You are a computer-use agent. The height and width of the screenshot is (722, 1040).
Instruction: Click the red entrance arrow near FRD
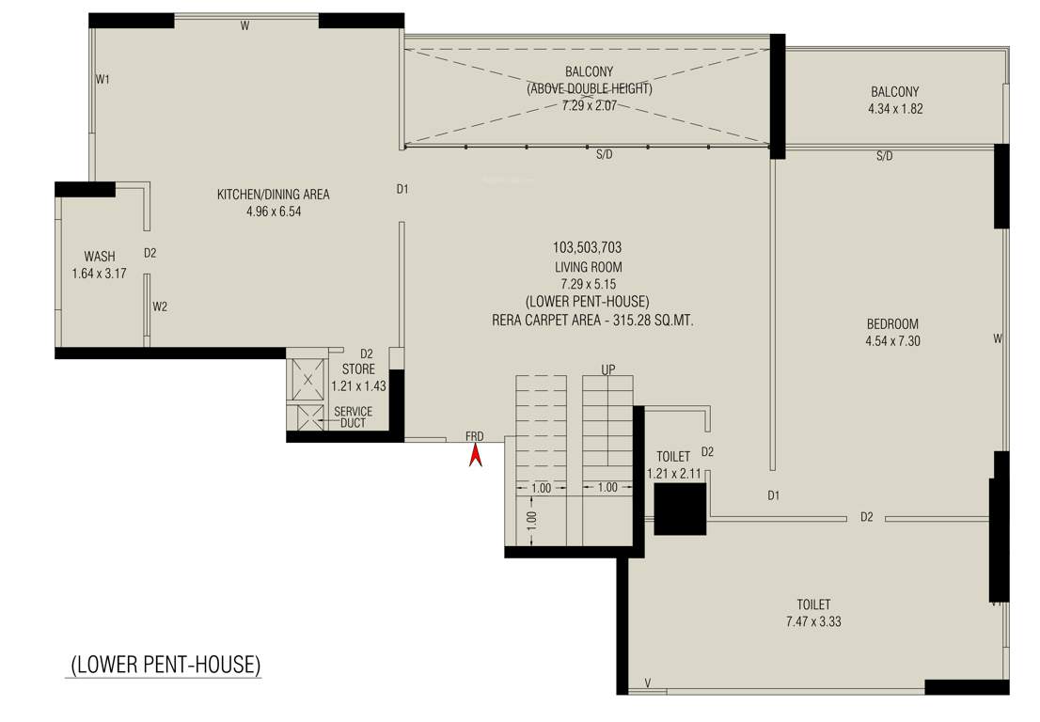476,456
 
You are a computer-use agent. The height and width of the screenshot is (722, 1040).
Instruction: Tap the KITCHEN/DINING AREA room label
274,195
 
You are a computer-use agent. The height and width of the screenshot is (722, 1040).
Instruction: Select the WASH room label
100,257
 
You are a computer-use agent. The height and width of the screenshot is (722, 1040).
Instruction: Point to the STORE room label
358,369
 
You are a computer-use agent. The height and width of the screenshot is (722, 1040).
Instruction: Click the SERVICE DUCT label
354,417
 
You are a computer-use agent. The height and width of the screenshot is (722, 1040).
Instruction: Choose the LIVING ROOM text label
588,267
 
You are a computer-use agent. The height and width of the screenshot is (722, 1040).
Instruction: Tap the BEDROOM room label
892,324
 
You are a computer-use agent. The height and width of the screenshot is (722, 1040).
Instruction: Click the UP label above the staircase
608,369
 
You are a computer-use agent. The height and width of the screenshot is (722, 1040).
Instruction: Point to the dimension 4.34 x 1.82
894,109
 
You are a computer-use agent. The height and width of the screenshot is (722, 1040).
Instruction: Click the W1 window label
102,80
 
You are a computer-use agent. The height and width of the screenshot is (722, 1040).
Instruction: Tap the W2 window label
161,306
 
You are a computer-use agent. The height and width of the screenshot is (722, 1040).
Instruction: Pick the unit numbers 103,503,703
587,248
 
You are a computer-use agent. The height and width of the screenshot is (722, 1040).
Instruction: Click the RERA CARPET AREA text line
592,321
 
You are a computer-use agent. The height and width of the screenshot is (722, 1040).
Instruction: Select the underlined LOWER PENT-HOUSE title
165,664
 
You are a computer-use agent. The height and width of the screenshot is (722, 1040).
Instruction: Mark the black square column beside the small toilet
679,510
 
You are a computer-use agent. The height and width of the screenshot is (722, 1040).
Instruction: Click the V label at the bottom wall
647,683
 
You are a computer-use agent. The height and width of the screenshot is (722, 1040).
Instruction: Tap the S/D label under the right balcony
884,156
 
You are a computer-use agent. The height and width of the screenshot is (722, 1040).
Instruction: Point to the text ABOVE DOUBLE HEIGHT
589,88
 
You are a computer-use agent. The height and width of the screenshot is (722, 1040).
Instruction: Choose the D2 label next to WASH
150,253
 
